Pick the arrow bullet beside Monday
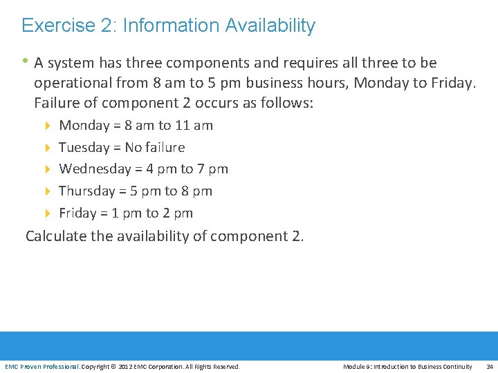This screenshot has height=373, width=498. tap(48, 126)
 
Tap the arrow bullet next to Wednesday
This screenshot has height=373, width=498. tap(48, 169)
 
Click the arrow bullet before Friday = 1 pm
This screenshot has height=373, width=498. tap(48, 213)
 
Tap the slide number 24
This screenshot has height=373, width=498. tap(490, 366)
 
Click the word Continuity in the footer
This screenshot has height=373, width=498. tap(459, 366)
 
